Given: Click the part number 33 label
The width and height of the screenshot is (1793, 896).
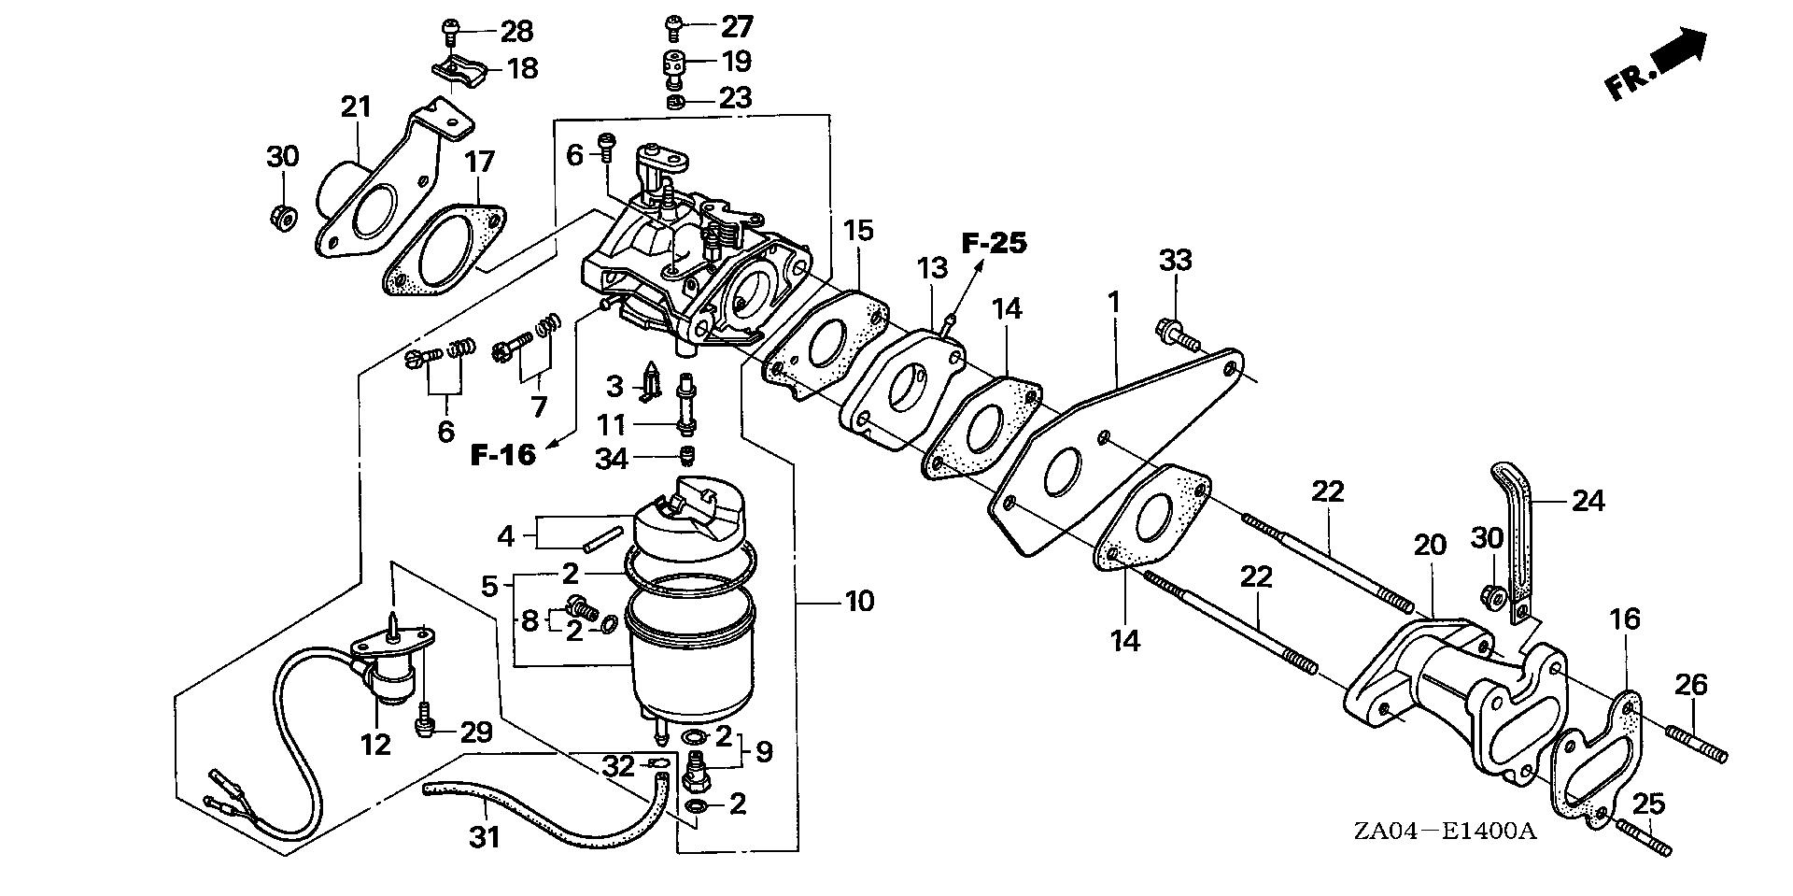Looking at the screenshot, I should pos(1176,261).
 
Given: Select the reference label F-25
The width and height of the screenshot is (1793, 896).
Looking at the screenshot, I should pos(995,244).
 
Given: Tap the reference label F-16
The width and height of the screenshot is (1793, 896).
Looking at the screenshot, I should pos(503,455).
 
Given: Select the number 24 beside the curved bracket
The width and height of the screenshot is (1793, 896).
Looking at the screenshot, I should pos(1587,502).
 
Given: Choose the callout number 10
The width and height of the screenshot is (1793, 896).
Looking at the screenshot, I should pos(859,601).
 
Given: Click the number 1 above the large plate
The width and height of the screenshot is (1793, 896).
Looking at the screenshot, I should pos(1113,302).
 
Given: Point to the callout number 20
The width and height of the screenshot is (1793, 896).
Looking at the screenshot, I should pos(1430,546).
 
